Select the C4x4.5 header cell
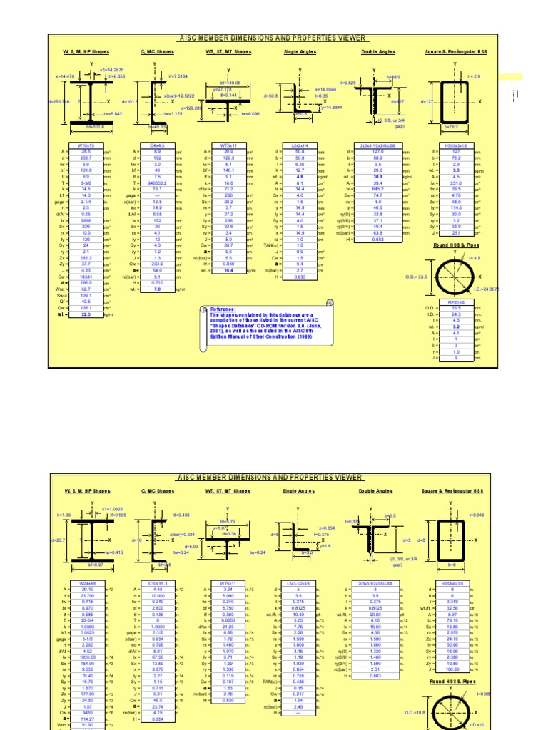(157, 145)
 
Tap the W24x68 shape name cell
(87, 583)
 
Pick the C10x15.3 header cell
(157, 583)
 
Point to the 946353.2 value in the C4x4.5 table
(157, 182)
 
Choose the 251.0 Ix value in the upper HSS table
(455, 182)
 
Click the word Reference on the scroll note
(222, 309)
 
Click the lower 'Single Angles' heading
(298, 491)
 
